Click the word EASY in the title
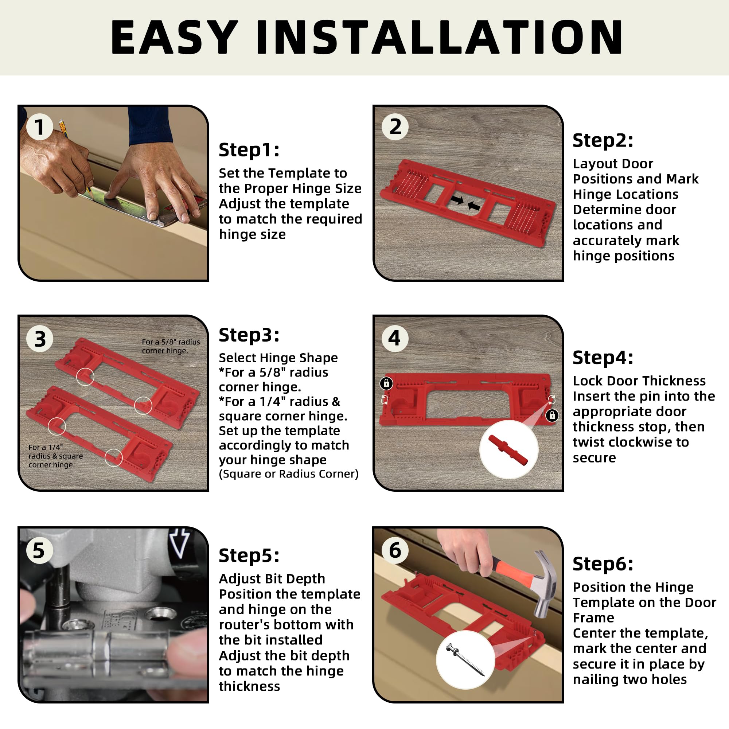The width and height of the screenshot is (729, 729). pyautogui.click(x=174, y=37)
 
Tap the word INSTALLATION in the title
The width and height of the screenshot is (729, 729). pyautogui.click(x=440, y=37)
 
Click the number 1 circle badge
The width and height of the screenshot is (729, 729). pyautogui.click(x=39, y=127)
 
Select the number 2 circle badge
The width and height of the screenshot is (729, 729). pyautogui.click(x=395, y=126)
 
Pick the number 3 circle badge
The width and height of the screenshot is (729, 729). pyautogui.click(x=40, y=339)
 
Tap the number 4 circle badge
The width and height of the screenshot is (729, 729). pyautogui.click(x=395, y=338)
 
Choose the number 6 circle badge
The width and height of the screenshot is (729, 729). pyautogui.click(x=395, y=550)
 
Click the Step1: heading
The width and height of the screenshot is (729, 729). pyautogui.click(x=249, y=150)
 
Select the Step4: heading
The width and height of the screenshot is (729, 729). pyautogui.click(x=603, y=357)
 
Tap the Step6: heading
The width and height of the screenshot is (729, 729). pyautogui.click(x=603, y=564)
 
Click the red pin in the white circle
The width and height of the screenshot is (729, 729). pyautogui.click(x=508, y=450)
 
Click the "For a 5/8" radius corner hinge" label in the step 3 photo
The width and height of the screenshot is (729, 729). pyautogui.click(x=171, y=346)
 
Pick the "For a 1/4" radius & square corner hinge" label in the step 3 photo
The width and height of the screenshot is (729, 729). pyautogui.click(x=55, y=456)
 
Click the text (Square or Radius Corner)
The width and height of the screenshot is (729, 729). pyautogui.click(x=289, y=474)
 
